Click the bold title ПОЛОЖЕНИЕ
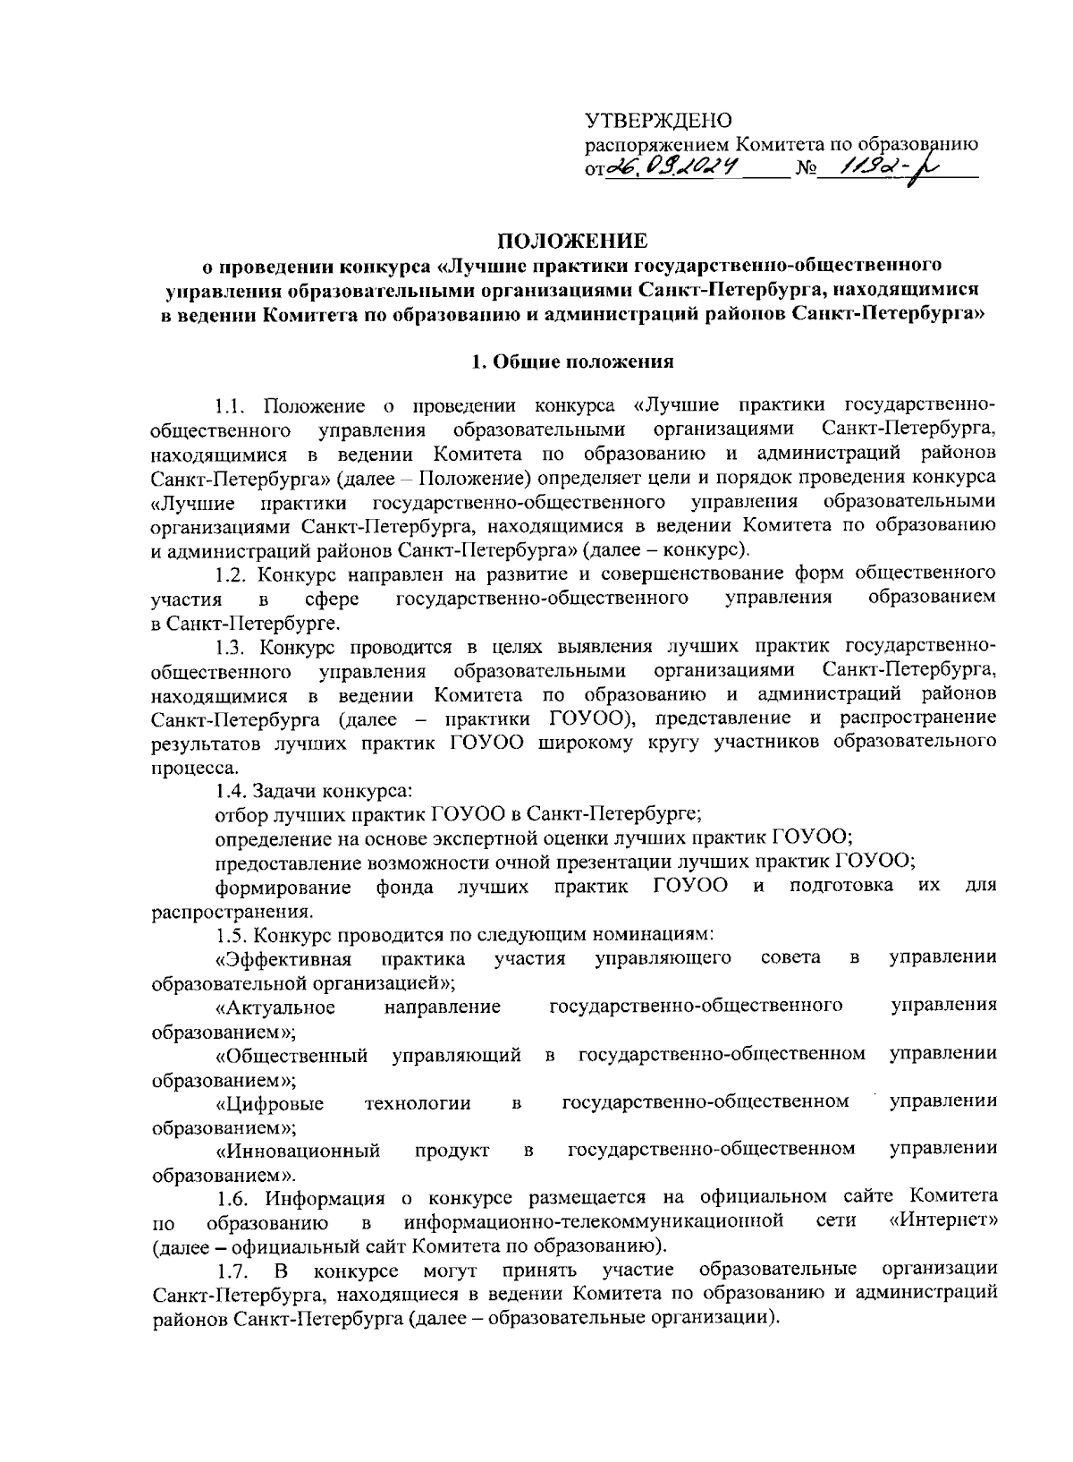coord(572,240)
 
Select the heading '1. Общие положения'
coord(572,362)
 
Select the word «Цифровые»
coord(269,1103)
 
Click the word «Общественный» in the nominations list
coord(291,1056)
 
